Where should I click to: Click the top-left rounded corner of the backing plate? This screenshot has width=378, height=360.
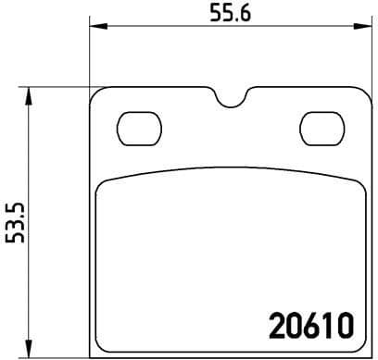pyautogui.click(x=94, y=93)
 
